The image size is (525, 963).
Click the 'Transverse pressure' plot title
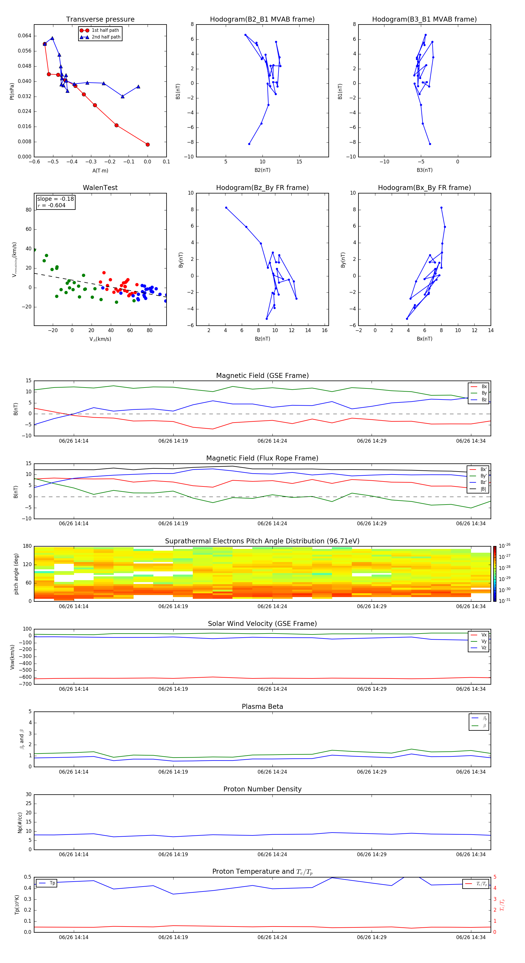click(x=100, y=20)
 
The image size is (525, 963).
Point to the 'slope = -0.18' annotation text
click(x=55, y=199)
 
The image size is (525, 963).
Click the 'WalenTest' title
click(x=100, y=188)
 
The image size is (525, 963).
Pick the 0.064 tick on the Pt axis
click(x=25, y=36)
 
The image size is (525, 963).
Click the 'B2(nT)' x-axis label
click(x=262, y=170)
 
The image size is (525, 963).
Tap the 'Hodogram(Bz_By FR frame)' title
click(x=262, y=188)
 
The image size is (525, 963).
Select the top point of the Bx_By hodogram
click(x=441, y=208)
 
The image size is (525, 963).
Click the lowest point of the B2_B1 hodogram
click(x=249, y=144)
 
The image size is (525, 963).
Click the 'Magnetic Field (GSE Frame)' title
click(x=262, y=376)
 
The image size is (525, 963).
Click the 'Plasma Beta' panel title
click(x=262, y=706)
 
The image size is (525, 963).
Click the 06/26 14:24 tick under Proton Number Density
click(x=272, y=854)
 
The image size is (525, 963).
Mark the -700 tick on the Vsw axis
click(x=26, y=684)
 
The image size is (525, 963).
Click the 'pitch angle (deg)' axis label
click(x=16, y=573)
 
